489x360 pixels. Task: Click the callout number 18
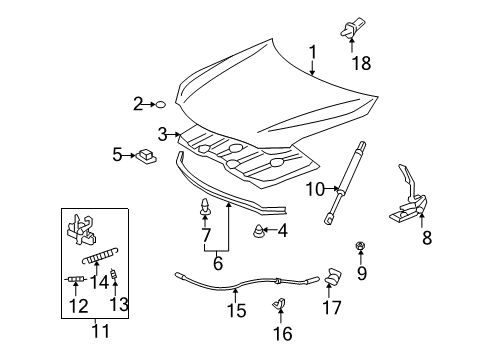pos(361,63)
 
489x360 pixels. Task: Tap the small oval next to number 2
pos(161,104)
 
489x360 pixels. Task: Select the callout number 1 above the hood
pos(312,53)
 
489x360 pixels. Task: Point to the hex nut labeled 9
pos(360,247)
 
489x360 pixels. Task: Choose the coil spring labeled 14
pos(100,256)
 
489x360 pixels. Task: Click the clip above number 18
pos(352,27)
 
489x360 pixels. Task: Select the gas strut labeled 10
pos(345,183)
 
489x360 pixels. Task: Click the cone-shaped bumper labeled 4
pos(258,231)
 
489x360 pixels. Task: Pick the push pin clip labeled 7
pos(205,207)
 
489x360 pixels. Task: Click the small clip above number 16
pos(279,303)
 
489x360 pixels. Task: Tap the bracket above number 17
pos(333,277)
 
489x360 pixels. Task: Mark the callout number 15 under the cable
pos(237,310)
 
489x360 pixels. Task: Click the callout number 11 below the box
pos(100,331)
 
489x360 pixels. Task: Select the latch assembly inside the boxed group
pos(82,230)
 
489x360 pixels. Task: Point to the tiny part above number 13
pos(114,274)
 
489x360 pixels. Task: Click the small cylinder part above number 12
pos(76,279)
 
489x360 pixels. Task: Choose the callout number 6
pos(218,263)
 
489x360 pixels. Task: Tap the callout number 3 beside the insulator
pos(162,134)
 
